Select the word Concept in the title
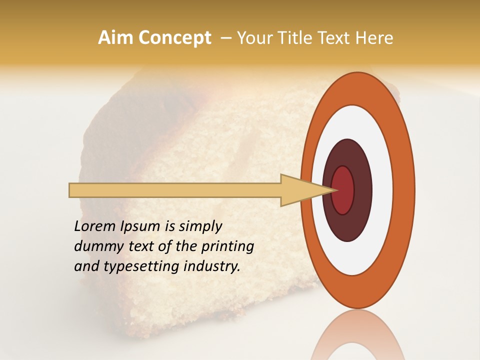[174, 38]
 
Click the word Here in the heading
[374, 38]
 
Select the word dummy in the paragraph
[98, 246]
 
